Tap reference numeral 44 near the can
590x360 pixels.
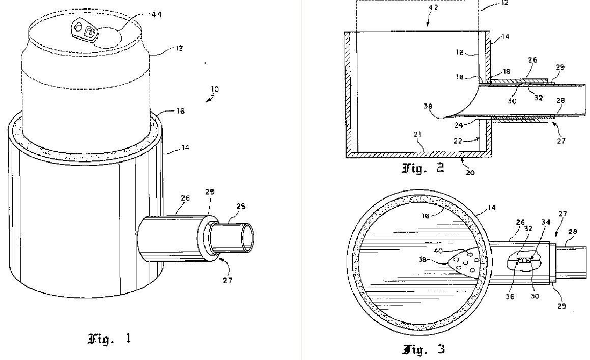157,14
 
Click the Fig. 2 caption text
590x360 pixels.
423,168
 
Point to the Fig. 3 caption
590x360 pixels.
424,349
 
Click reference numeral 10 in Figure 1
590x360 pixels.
214,89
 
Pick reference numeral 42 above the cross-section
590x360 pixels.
433,8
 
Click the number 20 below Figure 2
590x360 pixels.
470,173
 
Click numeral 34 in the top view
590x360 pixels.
546,222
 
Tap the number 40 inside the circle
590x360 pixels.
438,250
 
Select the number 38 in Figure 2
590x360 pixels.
428,106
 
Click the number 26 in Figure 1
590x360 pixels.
185,198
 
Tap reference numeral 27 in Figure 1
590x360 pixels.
227,280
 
